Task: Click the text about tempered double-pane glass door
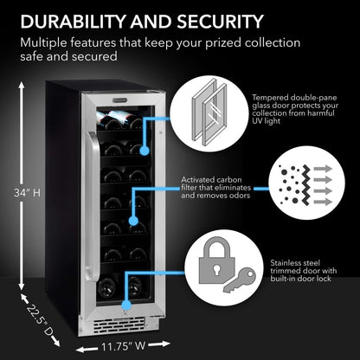[303, 109]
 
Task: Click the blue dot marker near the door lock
[129, 305]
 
